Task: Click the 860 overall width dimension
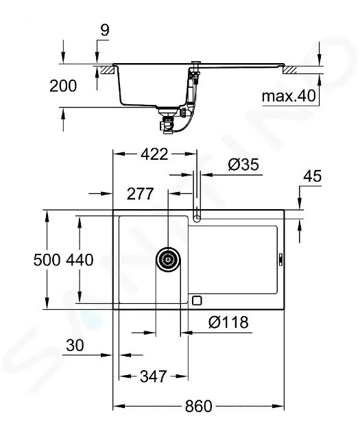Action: (x=198, y=406)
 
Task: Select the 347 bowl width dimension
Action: (x=154, y=376)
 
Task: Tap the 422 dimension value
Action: (x=154, y=154)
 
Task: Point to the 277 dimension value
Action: (x=140, y=193)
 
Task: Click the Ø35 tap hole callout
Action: (x=243, y=165)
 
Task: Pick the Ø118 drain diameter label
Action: (x=228, y=322)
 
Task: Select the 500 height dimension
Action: (x=47, y=260)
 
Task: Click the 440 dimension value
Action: (x=80, y=260)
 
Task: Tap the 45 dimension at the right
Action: (x=313, y=176)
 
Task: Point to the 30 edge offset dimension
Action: (x=75, y=345)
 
